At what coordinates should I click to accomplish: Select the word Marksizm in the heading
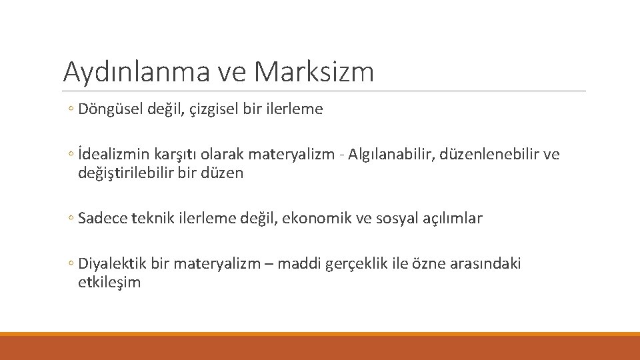click(314, 72)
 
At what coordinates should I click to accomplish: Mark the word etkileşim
click(109, 282)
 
